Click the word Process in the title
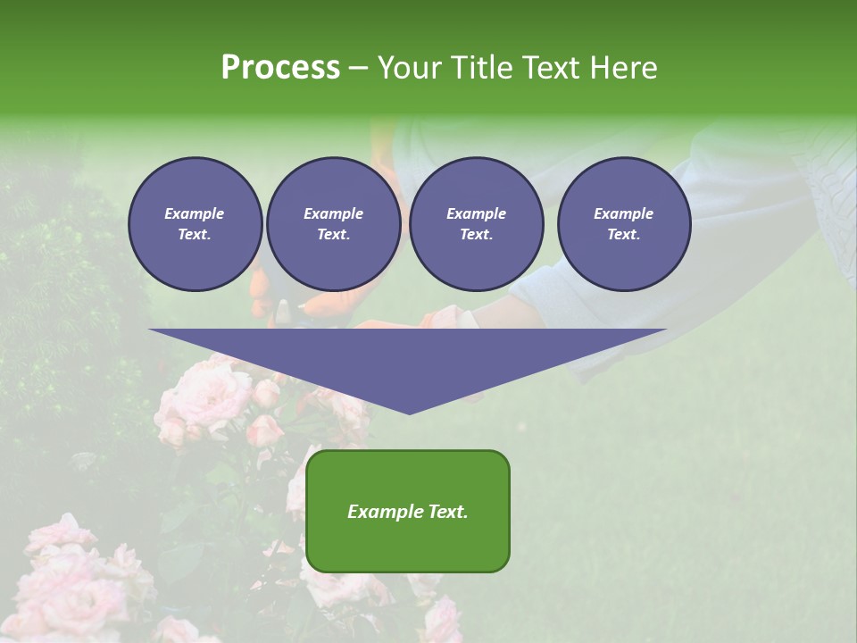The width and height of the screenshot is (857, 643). pos(280,68)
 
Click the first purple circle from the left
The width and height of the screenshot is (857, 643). pos(195,224)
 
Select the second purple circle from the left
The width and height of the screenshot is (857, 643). pos(333,224)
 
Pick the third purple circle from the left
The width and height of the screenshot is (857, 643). pos(476,224)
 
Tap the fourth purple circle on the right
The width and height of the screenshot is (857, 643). pos(623,224)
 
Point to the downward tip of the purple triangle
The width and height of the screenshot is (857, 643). pos(409,413)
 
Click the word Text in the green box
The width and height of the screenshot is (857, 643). pos(445,512)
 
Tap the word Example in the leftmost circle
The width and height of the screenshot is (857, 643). pos(195,213)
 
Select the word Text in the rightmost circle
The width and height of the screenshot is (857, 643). pos(623,235)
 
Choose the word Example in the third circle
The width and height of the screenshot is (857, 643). pos(476,213)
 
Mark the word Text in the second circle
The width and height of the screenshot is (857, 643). pos(333,235)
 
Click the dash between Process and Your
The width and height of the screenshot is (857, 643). pos(358,69)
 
